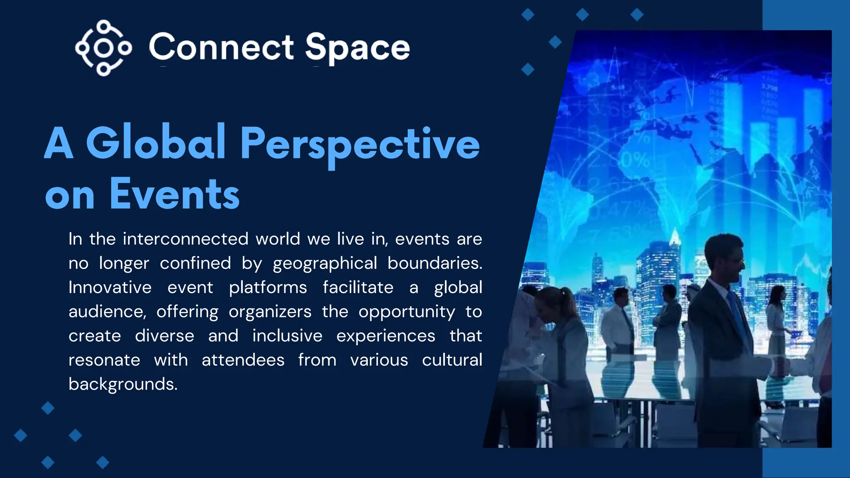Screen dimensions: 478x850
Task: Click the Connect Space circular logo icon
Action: (103, 48)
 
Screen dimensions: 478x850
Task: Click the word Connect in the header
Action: (222, 47)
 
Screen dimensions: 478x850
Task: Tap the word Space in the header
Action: (357, 48)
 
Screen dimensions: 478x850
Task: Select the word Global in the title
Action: (155, 143)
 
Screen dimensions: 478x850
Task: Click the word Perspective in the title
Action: (359, 144)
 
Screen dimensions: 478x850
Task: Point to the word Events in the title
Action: (174, 194)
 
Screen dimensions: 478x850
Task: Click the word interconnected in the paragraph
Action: (186, 239)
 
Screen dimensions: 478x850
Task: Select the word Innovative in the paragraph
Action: (110, 287)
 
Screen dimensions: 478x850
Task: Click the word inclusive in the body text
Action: (287, 336)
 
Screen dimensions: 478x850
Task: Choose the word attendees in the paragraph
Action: (243, 360)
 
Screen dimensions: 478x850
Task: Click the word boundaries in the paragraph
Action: (435, 263)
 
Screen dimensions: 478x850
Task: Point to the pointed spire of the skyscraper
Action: (675, 237)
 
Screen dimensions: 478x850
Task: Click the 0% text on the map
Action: (635, 160)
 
